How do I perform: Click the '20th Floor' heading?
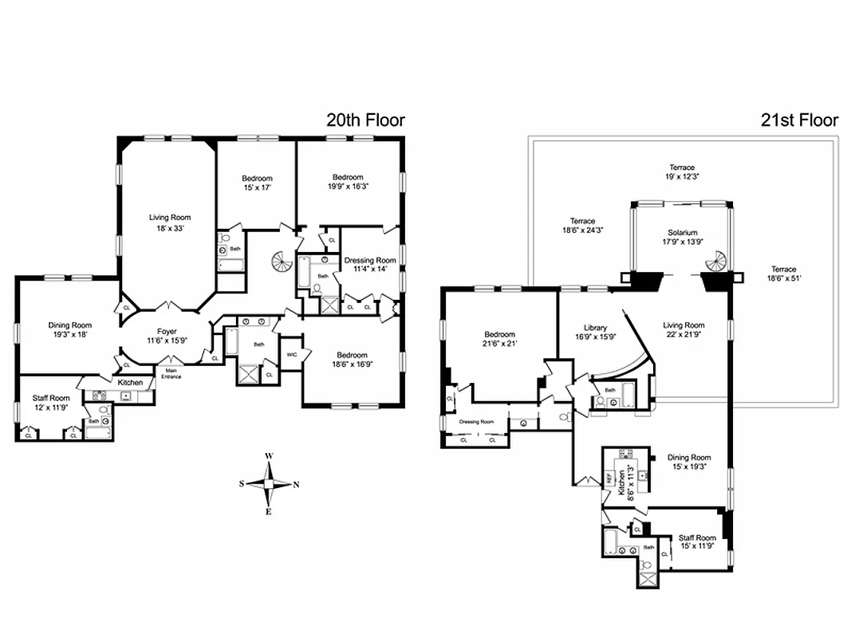365,120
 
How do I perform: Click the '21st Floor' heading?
798,120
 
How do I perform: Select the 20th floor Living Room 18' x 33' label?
170,223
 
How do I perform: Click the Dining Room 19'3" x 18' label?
70,330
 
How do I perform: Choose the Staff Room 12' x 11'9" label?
51,403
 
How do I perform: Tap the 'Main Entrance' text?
171,373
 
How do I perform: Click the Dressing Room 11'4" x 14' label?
370,265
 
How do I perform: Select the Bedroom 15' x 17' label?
257,183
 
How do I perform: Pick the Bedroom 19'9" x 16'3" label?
348,182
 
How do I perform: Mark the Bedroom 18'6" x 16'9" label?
352,360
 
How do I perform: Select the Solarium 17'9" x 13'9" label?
678,237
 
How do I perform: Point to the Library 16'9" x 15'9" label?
595,333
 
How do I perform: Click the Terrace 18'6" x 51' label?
783,274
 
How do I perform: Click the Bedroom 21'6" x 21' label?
499,340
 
